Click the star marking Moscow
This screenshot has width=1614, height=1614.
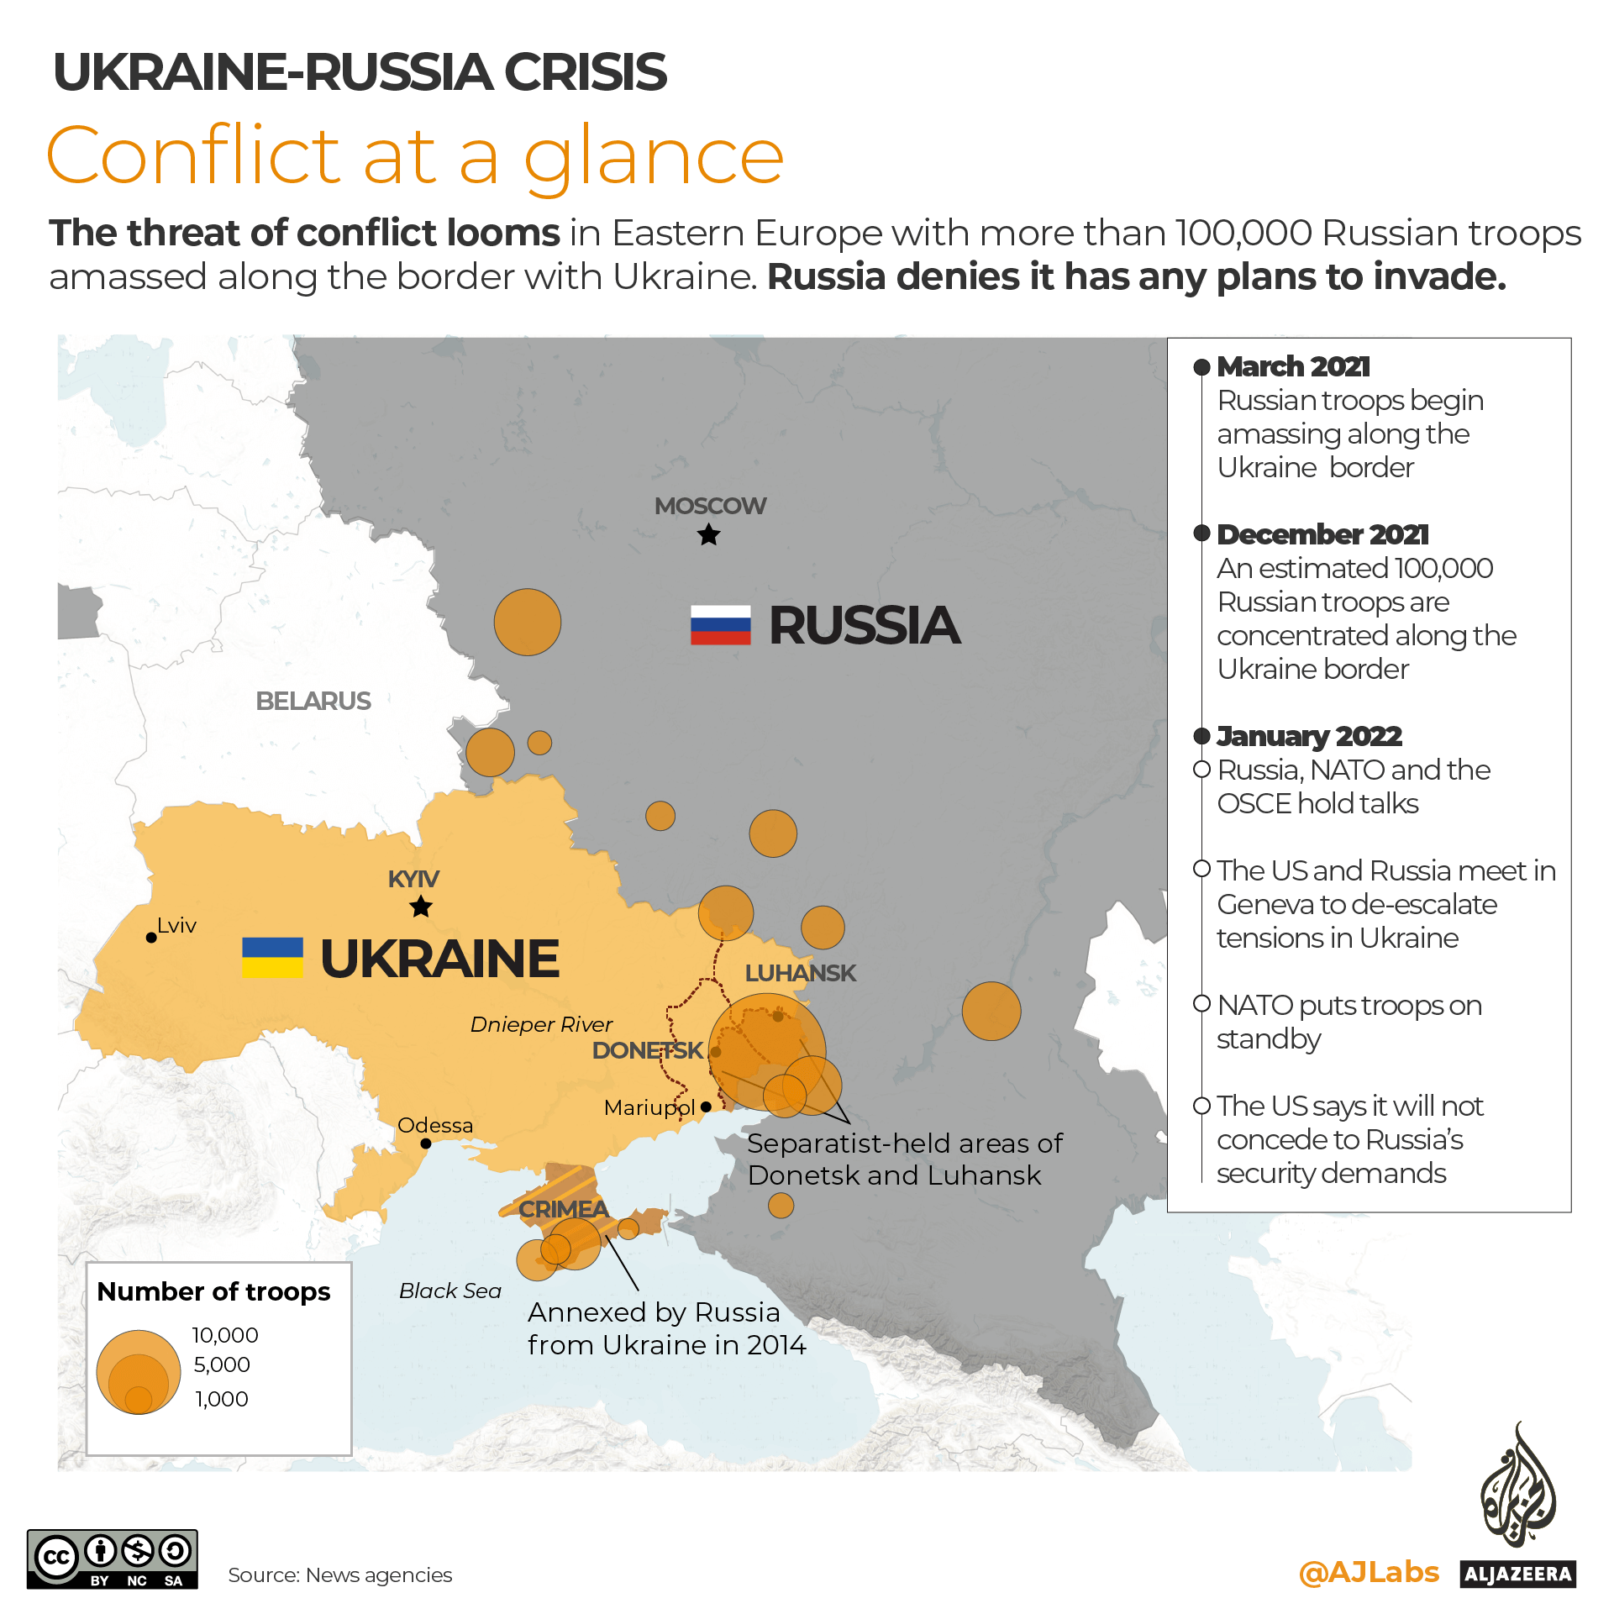click(x=709, y=534)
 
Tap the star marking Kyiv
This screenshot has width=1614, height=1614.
click(x=421, y=907)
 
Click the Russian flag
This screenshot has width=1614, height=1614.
click(x=720, y=625)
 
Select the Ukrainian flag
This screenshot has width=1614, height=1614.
click(x=272, y=957)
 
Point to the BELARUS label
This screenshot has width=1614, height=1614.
click(x=313, y=701)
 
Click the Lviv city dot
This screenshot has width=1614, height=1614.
click(x=151, y=938)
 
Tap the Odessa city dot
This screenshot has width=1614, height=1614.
click(x=426, y=1143)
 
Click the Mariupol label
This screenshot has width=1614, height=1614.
click(x=649, y=1107)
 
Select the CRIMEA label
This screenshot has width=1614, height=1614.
click(x=563, y=1209)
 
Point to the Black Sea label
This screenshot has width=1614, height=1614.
click(x=450, y=1291)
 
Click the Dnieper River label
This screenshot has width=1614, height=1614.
click(x=541, y=1024)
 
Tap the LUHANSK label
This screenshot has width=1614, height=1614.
click(x=800, y=973)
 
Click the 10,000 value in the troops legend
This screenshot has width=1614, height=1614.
click(x=225, y=1335)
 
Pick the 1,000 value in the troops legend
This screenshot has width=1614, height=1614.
click(x=222, y=1399)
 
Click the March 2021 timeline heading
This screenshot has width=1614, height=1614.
click(x=1293, y=366)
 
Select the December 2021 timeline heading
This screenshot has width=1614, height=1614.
click(x=1322, y=534)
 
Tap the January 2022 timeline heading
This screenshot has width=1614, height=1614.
click(x=1309, y=736)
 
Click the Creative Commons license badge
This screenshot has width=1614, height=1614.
click(x=113, y=1559)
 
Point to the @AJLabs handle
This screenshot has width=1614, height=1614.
click(x=1369, y=1572)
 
